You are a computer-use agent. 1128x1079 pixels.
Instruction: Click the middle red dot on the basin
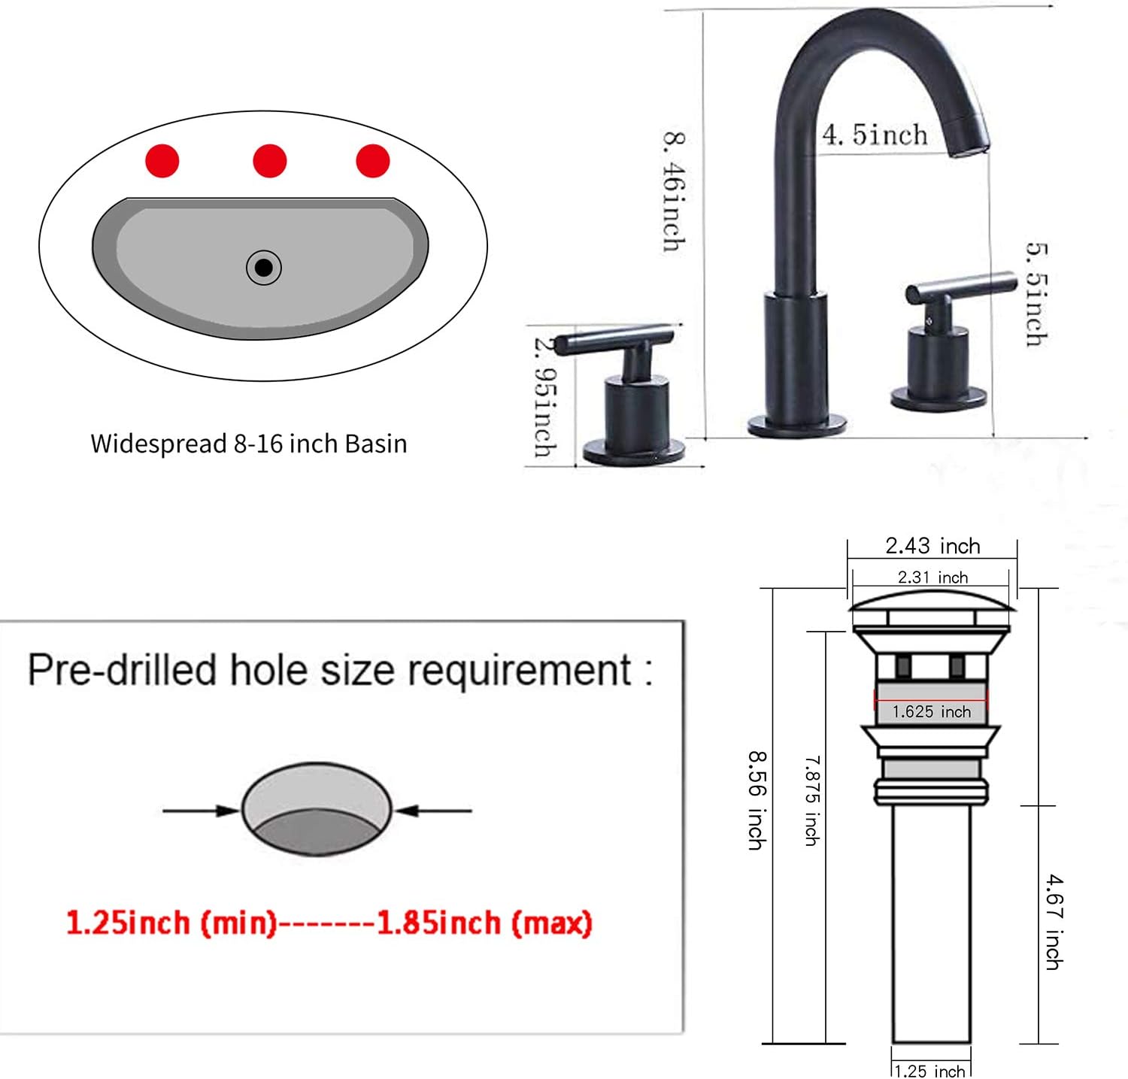270,161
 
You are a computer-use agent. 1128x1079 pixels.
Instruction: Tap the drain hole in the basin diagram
264,267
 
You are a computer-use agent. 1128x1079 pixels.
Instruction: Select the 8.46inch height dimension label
674,191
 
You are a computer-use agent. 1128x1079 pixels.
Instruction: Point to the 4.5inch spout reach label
875,135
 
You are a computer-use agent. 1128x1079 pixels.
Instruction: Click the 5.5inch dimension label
1037,294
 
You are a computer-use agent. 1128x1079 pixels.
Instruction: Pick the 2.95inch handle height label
545,396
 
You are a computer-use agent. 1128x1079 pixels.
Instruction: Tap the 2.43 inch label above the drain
932,546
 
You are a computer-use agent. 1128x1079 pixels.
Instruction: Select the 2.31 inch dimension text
932,577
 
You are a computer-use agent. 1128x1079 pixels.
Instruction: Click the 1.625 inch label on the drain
931,711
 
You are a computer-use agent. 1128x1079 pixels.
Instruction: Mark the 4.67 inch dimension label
1054,921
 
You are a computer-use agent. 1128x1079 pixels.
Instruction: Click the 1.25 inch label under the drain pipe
930,1071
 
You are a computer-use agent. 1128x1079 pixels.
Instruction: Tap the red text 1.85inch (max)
484,923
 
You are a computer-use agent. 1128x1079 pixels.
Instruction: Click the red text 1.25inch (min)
172,923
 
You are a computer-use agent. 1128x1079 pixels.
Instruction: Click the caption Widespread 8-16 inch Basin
249,444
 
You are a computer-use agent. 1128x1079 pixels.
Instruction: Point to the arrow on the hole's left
200,811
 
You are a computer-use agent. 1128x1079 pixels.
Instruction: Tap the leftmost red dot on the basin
162,160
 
